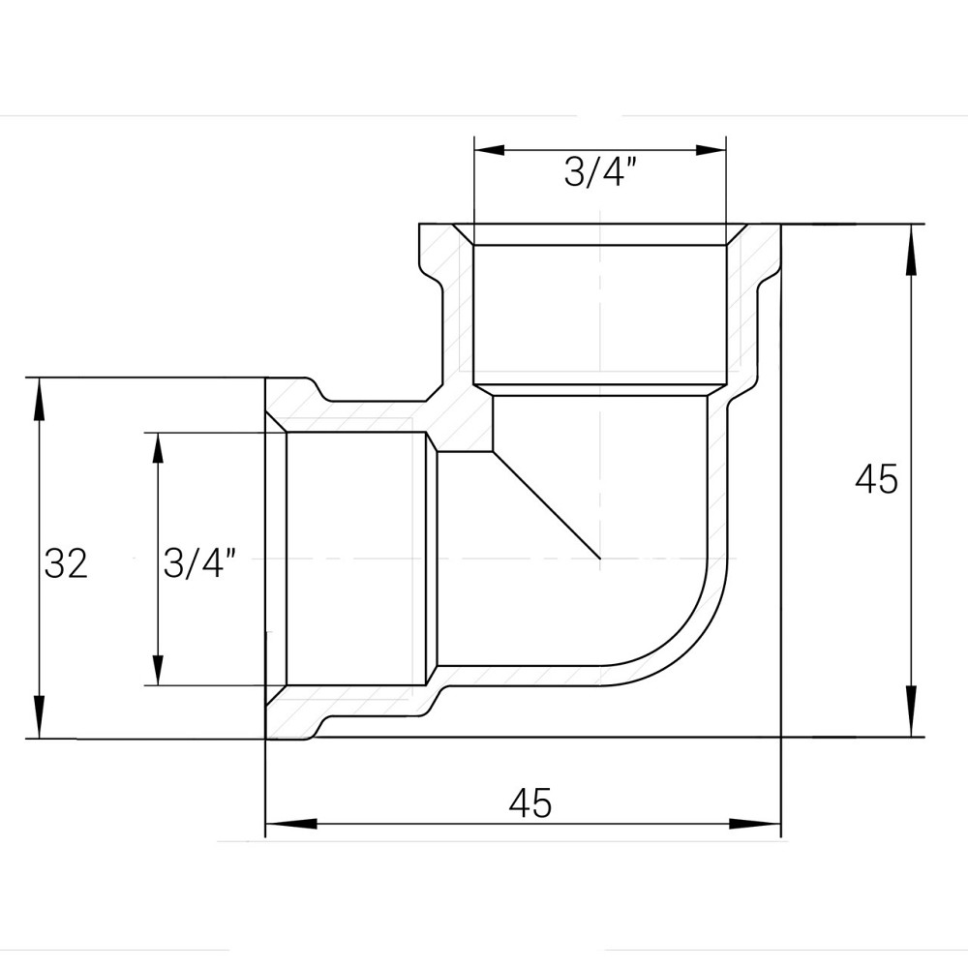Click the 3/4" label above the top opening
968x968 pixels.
pos(599,173)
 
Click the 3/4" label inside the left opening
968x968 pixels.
pos(200,562)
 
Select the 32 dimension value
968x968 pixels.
pos(66,563)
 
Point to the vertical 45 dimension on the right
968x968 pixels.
pos(877,479)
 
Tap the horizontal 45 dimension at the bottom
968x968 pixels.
pos(529,802)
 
